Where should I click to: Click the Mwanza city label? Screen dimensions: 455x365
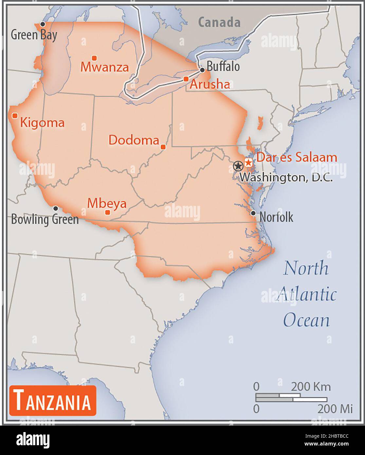(x=104, y=67)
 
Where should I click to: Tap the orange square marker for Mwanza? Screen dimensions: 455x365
(x=94, y=58)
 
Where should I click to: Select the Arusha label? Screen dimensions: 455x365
(x=210, y=84)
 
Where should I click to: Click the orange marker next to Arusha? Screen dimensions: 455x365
(x=186, y=79)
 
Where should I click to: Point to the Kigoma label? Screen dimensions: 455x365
(x=42, y=123)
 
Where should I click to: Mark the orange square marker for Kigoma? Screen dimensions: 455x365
(x=15, y=116)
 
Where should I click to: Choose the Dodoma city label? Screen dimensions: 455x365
(x=134, y=140)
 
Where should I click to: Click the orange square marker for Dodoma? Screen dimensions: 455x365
(x=163, y=147)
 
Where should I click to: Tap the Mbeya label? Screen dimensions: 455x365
(x=107, y=203)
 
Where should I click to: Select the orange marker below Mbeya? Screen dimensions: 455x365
(x=107, y=212)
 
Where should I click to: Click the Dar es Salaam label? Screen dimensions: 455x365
(x=296, y=157)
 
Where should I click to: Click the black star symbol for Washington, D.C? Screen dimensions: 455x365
(x=238, y=166)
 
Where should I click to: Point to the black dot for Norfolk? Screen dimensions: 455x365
(x=253, y=213)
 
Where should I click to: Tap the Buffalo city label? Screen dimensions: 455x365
(x=223, y=67)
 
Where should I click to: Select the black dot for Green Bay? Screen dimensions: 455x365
(x=42, y=24)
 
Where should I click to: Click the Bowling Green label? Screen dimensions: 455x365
(x=45, y=219)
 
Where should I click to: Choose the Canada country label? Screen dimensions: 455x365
(x=219, y=22)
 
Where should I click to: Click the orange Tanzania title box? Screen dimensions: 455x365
(x=53, y=400)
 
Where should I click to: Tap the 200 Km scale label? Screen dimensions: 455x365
(x=311, y=387)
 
